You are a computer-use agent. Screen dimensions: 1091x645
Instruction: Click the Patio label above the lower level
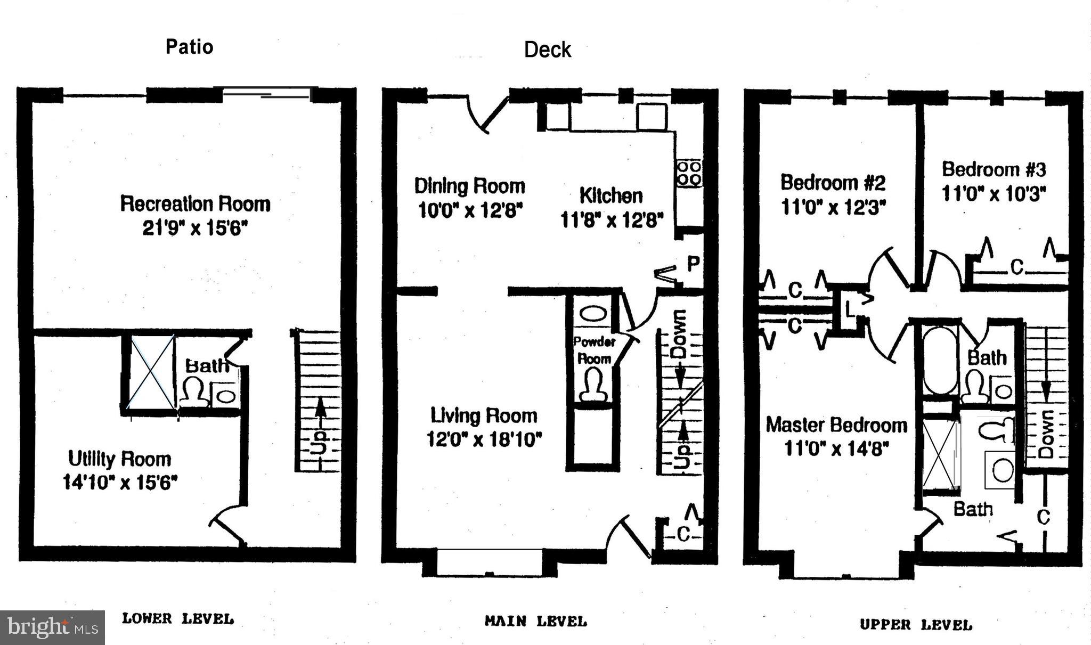(x=190, y=47)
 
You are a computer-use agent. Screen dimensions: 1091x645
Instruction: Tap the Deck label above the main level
(x=548, y=50)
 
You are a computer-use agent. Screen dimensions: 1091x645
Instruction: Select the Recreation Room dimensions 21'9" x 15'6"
(x=196, y=228)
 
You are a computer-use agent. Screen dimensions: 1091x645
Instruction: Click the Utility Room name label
(x=120, y=459)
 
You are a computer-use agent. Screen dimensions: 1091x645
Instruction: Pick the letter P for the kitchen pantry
(x=693, y=264)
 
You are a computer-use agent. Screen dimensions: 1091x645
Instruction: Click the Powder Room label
(x=594, y=350)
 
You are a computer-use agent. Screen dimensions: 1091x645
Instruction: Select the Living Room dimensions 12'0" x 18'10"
(x=484, y=439)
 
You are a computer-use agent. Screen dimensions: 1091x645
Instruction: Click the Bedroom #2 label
(x=833, y=182)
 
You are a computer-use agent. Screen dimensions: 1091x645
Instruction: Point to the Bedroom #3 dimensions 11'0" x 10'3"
(x=994, y=193)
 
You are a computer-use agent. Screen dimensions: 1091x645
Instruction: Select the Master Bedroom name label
(x=836, y=425)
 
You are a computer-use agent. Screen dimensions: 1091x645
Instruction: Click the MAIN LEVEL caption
(x=536, y=621)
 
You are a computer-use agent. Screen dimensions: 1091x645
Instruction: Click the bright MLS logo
(x=52, y=627)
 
